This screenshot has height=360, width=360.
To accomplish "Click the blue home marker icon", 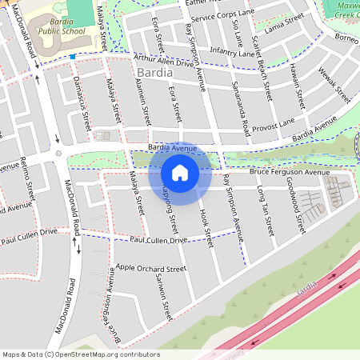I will pyautogui.click(x=180, y=173).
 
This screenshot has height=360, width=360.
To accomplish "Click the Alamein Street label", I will pyautogui.click(x=143, y=103).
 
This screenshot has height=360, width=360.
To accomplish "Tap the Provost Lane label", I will pyautogui.click(x=274, y=123).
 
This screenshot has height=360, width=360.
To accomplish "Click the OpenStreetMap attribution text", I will pyautogui.click(x=80, y=354).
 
